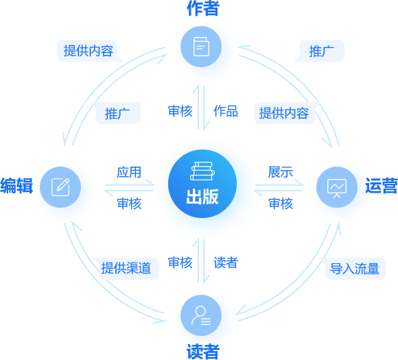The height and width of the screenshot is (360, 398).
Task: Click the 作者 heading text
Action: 203,8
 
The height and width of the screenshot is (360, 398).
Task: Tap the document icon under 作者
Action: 201,47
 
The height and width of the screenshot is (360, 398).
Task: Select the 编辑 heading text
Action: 16,186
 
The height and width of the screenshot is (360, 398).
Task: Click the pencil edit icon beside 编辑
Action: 60,187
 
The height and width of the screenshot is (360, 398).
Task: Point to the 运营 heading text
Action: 382,186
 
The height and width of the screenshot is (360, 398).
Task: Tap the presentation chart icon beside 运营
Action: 337,189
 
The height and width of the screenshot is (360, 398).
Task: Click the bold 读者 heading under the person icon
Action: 203,352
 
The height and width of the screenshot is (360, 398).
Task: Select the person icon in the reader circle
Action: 201,315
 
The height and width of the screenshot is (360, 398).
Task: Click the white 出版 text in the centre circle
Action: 202,197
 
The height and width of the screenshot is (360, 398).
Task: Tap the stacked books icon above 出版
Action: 202,171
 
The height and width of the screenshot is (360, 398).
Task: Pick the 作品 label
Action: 226,111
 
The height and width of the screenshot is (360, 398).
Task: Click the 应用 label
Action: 129,172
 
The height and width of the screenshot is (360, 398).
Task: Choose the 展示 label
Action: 281,172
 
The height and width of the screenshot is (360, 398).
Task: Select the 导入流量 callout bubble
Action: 355,269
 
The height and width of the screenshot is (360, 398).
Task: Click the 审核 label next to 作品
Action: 180,111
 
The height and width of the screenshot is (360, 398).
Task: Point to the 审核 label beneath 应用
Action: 129,204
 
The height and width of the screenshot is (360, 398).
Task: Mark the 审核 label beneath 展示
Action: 281,204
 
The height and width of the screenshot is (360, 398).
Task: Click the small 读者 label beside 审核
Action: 226,263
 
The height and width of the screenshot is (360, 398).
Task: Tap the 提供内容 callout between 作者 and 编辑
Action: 88,51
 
